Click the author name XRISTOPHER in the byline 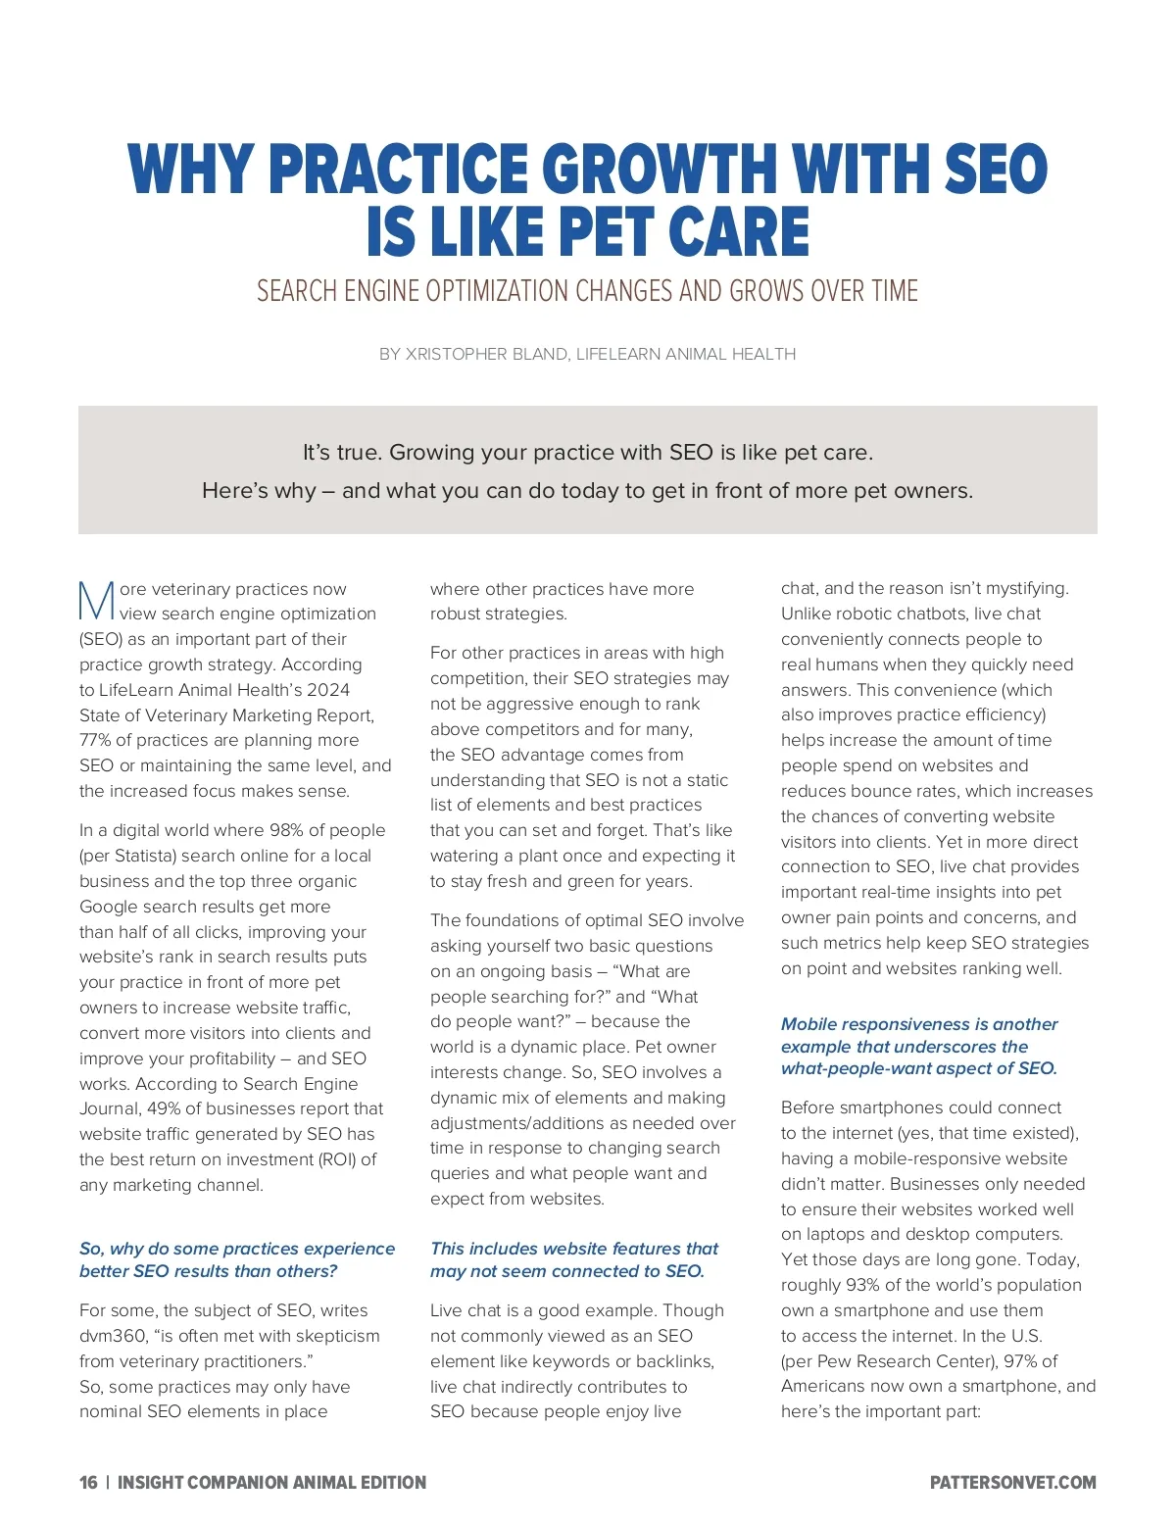[x=456, y=354]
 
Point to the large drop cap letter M [x=96, y=602]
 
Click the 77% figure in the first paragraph [x=95, y=740]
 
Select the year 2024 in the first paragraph [x=328, y=690]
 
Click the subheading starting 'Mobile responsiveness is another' [x=919, y=1046]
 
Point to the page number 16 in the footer [x=88, y=1483]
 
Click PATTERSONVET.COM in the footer [x=1012, y=1483]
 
